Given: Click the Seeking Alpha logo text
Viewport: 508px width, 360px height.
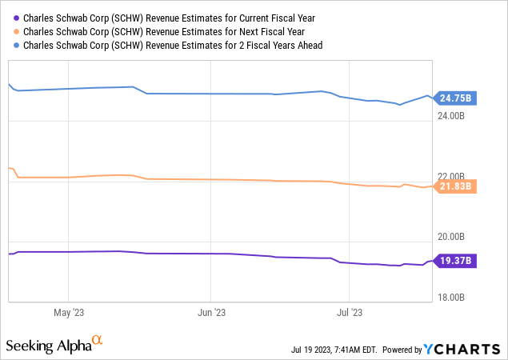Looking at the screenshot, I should [x=47, y=346].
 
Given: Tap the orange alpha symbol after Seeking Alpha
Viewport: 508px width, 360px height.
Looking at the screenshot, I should [x=98, y=341].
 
